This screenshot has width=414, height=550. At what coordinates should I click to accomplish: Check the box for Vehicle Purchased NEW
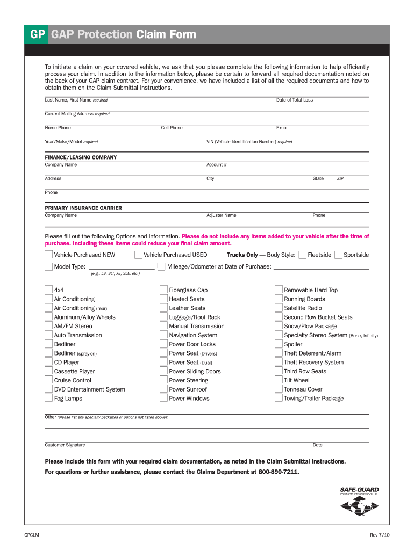click(x=48, y=255)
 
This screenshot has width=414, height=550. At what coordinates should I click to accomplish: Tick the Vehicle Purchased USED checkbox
click(x=138, y=255)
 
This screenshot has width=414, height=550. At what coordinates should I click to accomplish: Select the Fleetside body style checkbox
click(x=303, y=255)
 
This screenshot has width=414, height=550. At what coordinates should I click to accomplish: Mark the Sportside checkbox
click(x=339, y=255)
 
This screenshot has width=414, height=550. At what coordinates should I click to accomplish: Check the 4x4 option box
click(x=48, y=290)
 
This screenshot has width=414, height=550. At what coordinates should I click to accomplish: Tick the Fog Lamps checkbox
click(x=48, y=399)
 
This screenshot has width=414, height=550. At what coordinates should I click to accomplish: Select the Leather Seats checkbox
click(x=163, y=308)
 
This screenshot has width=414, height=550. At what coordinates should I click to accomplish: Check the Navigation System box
click(x=163, y=335)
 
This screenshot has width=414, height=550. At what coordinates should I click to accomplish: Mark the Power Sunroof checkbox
click(x=163, y=389)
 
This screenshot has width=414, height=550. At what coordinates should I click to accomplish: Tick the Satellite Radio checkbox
click(x=279, y=308)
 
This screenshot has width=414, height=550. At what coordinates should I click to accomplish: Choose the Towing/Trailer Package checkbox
click(x=279, y=399)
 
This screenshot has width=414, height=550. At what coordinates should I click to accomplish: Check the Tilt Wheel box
click(x=279, y=380)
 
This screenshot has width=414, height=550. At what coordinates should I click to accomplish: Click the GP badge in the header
click(x=37, y=35)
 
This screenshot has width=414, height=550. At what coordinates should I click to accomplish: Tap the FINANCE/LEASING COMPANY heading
click(x=81, y=157)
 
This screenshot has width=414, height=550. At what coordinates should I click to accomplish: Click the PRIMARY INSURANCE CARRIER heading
click(x=83, y=208)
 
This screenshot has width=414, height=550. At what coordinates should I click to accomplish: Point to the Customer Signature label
click(x=65, y=445)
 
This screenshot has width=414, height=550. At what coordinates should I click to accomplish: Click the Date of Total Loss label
click(x=294, y=100)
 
